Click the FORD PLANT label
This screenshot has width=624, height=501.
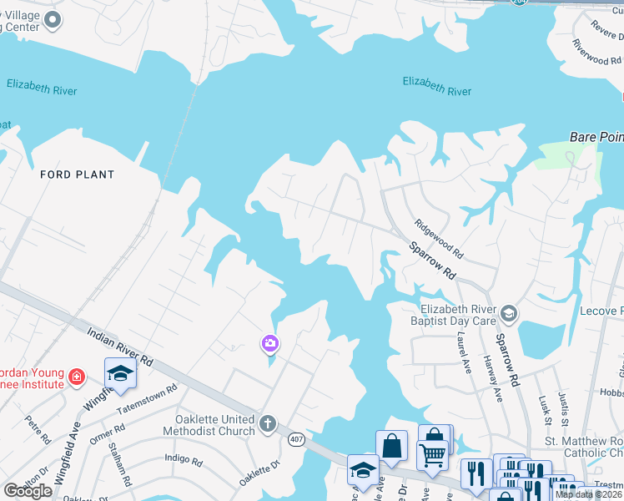coord(77,175)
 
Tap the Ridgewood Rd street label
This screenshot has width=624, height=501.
coord(439,239)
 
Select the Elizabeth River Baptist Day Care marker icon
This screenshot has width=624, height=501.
coord(509,314)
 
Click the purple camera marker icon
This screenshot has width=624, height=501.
coord(269,342)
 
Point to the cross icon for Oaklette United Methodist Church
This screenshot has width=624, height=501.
coord(267,423)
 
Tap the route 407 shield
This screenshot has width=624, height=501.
coord(295,438)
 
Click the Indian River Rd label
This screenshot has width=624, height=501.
coord(121,347)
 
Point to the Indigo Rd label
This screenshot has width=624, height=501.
coord(184,459)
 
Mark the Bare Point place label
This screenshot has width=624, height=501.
coord(596,135)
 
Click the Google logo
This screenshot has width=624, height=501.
coord(28,490)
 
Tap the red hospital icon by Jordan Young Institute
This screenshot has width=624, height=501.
coord(77,377)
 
